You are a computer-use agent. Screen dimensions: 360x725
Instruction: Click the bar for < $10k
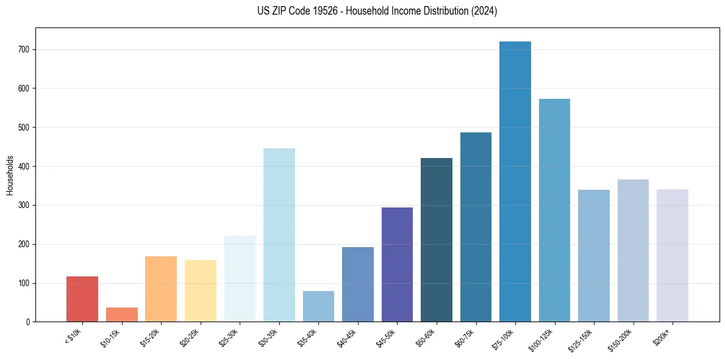click(x=82, y=299)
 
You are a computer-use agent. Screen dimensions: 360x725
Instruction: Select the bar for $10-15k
click(x=121, y=314)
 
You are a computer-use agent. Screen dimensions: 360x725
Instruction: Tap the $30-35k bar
click(x=279, y=235)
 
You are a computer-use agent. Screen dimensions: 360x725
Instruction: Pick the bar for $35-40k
click(x=318, y=306)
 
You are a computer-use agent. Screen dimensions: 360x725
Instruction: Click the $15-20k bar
click(x=161, y=289)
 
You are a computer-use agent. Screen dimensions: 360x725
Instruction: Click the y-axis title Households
click(x=10, y=175)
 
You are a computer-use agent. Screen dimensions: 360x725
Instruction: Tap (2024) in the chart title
click(x=484, y=11)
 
